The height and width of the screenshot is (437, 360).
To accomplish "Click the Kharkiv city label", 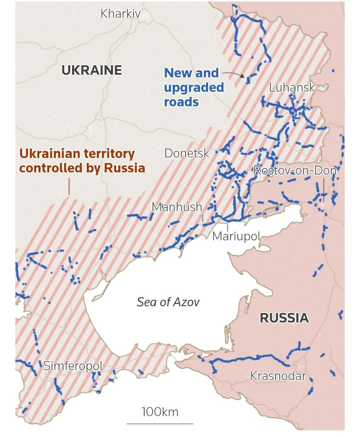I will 120,14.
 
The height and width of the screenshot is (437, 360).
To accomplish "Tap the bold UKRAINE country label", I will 91,70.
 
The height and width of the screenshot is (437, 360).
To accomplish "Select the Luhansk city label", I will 292,87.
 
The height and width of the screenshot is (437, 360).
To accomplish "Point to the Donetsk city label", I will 187,153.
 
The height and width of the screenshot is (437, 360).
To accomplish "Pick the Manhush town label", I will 177,207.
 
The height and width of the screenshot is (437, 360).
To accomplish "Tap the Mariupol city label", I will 236,236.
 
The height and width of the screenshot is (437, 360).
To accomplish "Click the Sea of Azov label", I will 168,302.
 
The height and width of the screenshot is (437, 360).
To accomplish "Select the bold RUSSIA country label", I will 284,318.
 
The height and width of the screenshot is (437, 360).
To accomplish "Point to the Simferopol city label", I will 73,366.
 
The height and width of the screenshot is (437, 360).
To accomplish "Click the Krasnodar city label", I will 278,376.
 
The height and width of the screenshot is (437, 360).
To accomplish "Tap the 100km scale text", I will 160,412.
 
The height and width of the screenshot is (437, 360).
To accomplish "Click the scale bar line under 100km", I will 160,424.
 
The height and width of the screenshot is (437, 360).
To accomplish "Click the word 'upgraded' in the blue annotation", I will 194,88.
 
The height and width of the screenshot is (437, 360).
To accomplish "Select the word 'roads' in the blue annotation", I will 181,102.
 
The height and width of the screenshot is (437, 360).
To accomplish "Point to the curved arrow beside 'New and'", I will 234,74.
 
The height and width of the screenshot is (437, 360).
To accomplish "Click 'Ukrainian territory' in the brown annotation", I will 77,154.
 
